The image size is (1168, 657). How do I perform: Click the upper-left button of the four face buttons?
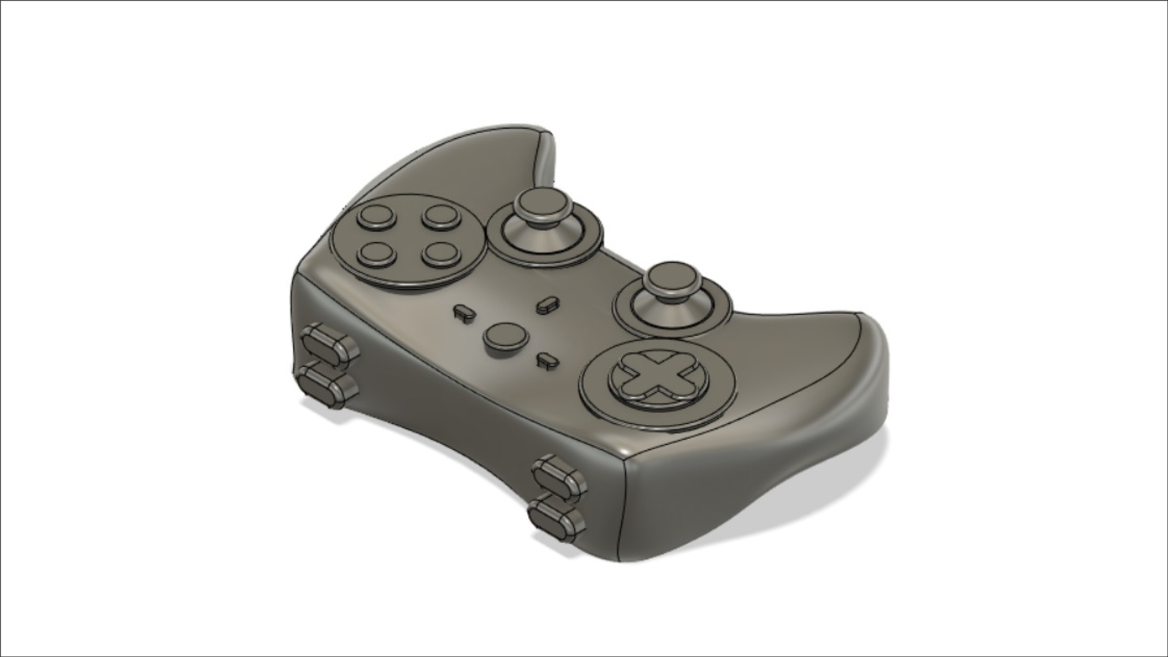pos(376,217)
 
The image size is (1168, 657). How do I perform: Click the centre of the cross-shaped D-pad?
pos(659,377)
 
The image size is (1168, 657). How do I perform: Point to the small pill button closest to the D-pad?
pos(547,360)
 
